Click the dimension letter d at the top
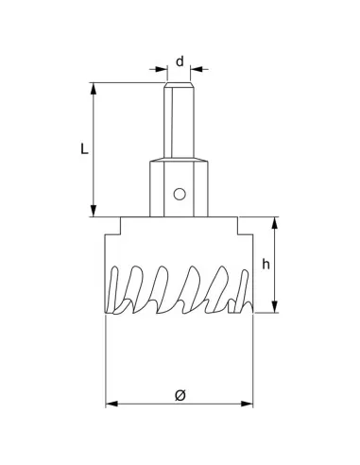point(180,61)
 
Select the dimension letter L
point(84,149)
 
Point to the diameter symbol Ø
point(180,394)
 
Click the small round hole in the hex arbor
point(179,195)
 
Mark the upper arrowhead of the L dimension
point(94,89)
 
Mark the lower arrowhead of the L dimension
point(94,211)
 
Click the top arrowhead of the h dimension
point(275,223)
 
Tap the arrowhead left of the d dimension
point(162,68)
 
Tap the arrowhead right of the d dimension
point(196,68)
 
